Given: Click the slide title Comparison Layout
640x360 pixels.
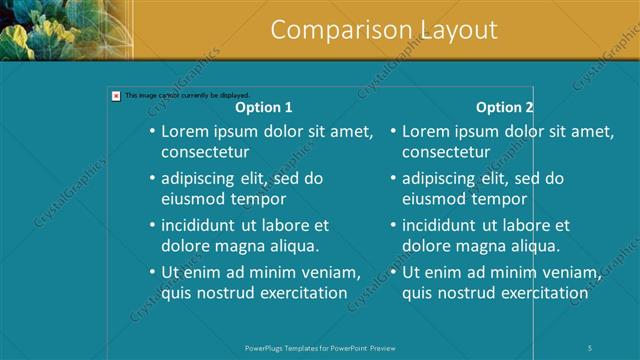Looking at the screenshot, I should click(384, 30).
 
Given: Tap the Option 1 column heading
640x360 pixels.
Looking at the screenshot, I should click(264, 107).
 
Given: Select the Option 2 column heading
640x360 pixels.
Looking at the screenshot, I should click(505, 107).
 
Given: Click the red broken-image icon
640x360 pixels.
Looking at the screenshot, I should click(116, 96).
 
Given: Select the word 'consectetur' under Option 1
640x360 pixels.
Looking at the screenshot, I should click(205, 152).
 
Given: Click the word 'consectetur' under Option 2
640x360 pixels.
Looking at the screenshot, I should click(446, 152).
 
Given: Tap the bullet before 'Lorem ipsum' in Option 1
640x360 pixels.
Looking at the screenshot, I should click(152, 131).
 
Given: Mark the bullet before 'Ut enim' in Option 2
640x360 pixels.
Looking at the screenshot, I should click(393, 272).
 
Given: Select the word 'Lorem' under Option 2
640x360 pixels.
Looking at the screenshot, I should click(424, 131).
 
